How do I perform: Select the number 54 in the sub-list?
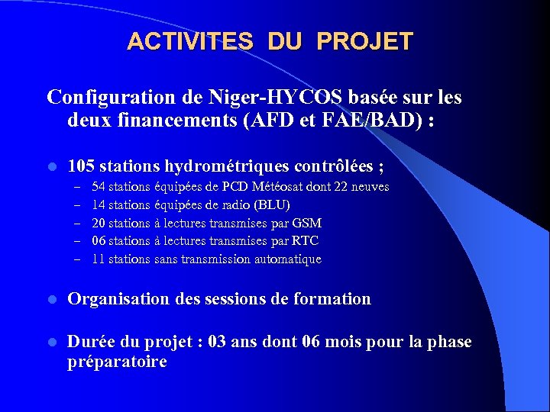(99, 187)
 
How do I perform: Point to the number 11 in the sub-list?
(99, 259)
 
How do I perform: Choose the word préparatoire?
(117, 362)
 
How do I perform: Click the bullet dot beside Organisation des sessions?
(51, 300)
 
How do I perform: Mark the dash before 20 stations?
(77, 224)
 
